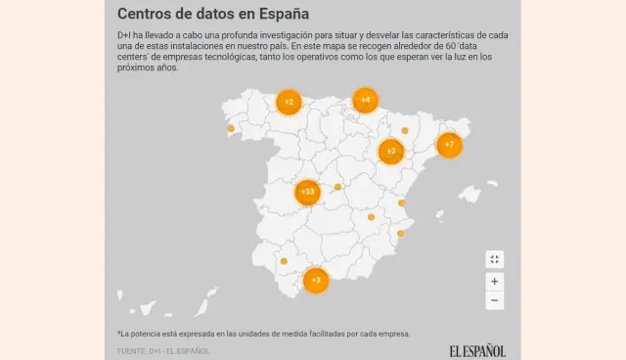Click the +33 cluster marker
[307, 192]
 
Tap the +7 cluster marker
[449, 145]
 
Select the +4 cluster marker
[365, 100]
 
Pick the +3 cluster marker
[315, 280]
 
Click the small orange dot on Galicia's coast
[231, 128]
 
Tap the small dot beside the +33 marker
[337, 187]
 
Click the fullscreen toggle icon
[495, 259]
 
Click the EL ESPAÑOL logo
[477, 350]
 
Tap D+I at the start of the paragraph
[124, 35]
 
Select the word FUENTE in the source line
[132, 350]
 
